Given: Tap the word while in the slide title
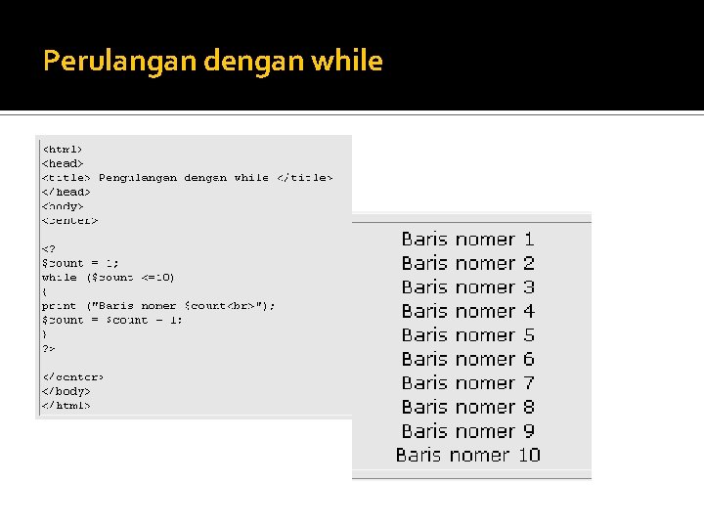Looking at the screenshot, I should [346, 62].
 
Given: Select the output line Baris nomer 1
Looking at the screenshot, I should [467, 240].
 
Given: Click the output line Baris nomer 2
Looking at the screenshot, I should [467, 263].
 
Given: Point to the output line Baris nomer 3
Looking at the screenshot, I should [467, 287].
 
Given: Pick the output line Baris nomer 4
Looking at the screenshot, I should [467, 311].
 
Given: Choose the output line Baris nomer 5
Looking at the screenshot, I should [467, 335].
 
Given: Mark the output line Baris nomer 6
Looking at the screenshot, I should [467, 359].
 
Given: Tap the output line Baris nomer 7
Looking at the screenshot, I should [467, 383].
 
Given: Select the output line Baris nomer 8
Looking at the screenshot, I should [467, 407].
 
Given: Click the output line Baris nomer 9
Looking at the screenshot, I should [467, 431].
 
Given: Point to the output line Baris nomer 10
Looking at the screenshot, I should [467, 455].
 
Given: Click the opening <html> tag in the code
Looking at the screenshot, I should [62, 149].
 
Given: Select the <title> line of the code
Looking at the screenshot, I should [186, 178].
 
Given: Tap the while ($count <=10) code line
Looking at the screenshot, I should [108, 277].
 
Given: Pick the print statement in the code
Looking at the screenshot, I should [157, 306].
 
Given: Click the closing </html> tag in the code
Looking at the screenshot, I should [66, 405].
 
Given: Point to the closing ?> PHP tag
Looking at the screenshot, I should [48, 348].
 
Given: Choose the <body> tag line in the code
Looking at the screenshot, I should [62, 206].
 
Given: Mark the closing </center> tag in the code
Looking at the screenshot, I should [71, 376].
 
